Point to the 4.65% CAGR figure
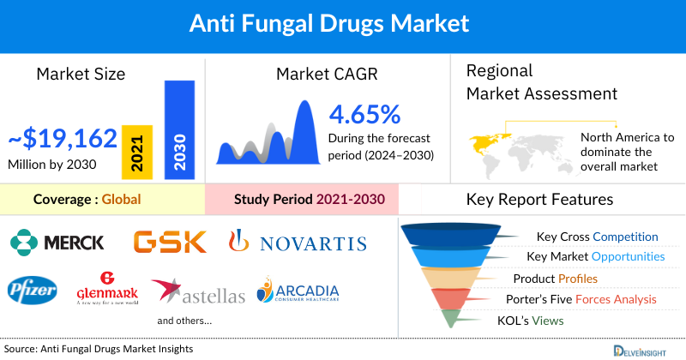365,114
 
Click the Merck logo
57,243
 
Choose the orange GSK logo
170,243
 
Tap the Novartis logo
297,243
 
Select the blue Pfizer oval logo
33,292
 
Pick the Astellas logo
198,293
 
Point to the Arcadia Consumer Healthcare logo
298,291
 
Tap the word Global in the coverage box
121,200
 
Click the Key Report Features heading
539,200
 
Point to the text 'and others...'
184,321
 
